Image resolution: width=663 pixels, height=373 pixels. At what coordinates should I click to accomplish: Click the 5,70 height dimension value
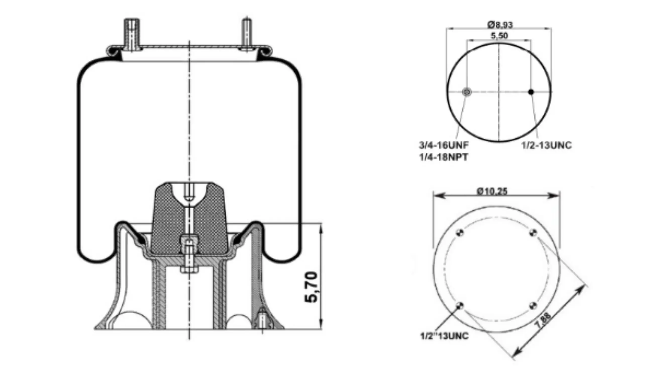[311, 287]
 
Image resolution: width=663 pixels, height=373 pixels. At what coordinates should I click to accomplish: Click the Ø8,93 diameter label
[500, 25]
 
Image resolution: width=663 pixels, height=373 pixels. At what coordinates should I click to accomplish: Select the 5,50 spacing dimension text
[499, 36]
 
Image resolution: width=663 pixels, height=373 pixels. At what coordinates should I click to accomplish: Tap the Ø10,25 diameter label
[492, 191]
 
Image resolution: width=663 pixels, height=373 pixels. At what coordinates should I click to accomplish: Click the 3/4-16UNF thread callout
[444, 145]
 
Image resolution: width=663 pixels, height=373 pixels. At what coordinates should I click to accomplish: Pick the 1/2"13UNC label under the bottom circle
[444, 336]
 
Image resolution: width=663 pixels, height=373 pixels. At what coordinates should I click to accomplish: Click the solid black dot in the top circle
[531, 92]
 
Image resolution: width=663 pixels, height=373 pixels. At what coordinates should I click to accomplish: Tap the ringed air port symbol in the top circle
[467, 92]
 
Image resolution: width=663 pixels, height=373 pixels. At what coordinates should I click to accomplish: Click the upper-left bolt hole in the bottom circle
[460, 233]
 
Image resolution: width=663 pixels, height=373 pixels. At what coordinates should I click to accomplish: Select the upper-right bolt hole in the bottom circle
[533, 233]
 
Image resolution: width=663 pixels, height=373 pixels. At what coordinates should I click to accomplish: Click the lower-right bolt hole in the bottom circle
[533, 306]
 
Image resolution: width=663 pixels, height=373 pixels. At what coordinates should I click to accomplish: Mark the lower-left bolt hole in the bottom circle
[460, 306]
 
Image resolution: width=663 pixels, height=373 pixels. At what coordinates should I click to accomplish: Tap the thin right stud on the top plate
[247, 33]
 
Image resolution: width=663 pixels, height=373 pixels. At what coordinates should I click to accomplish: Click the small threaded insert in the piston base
[262, 319]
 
